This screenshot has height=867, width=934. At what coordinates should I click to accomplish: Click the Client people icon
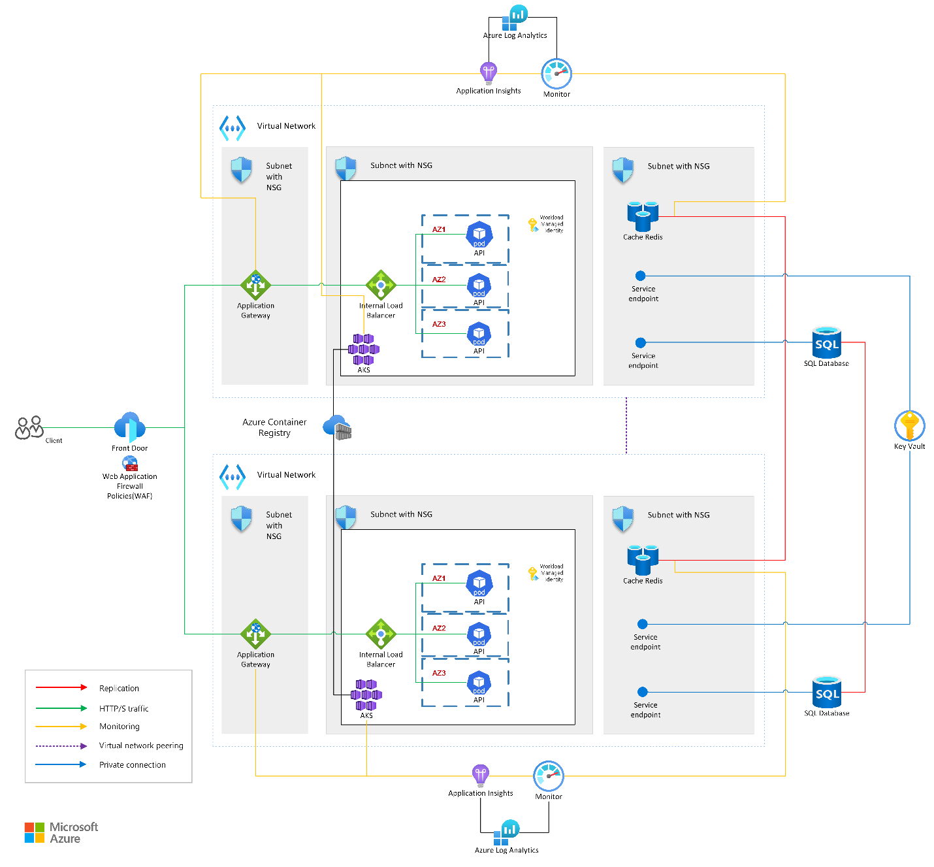click(29, 428)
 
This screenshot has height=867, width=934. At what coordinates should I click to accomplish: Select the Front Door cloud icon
click(129, 427)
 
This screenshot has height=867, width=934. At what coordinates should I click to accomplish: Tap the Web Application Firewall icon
click(130, 464)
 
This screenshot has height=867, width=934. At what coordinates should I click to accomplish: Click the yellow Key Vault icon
click(909, 425)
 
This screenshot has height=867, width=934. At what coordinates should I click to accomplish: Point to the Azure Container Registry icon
click(338, 427)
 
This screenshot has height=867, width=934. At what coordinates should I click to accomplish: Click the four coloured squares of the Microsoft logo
click(35, 832)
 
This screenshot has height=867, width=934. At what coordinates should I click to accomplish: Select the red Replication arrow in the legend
click(61, 687)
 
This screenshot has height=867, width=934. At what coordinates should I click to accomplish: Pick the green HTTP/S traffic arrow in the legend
click(61, 708)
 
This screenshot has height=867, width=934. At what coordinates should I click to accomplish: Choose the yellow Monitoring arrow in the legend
click(61, 727)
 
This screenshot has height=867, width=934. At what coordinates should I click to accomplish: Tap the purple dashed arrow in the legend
click(61, 745)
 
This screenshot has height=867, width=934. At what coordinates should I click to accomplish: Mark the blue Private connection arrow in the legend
click(61, 764)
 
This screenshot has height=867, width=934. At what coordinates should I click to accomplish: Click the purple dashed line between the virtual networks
click(626, 425)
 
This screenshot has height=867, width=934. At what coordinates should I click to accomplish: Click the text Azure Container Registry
click(274, 427)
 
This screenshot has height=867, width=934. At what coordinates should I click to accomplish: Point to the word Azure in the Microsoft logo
click(65, 839)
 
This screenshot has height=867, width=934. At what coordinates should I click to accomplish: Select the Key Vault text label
click(909, 446)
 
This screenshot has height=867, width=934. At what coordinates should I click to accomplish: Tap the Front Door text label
click(129, 448)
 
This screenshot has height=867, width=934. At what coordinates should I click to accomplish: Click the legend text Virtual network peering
click(141, 745)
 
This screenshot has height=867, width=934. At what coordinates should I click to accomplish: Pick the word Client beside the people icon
click(54, 440)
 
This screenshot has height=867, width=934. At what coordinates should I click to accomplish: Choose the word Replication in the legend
click(119, 688)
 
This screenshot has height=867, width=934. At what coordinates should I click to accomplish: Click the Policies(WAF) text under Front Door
click(129, 496)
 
